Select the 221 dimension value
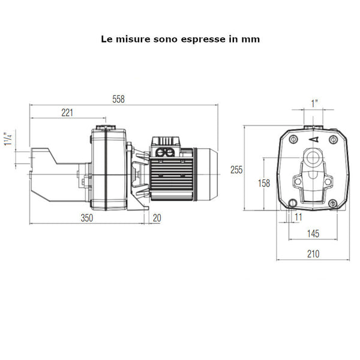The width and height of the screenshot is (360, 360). click(x=67, y=112)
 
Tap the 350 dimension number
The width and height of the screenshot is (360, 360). click(x=87, y=218)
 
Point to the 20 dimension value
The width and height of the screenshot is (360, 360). click(x=157, y=218)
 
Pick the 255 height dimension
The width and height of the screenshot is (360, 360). click(x=236, y=170)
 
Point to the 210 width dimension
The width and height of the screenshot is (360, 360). click(x=313, y=254)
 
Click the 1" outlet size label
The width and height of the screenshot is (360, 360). click(x=314, y=103)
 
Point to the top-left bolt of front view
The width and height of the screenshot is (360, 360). click(x=292, y=140)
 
